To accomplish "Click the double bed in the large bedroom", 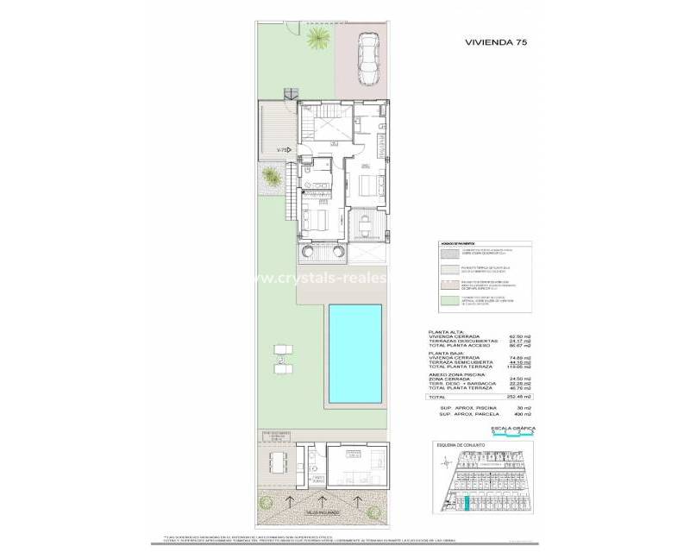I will (366, 186).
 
